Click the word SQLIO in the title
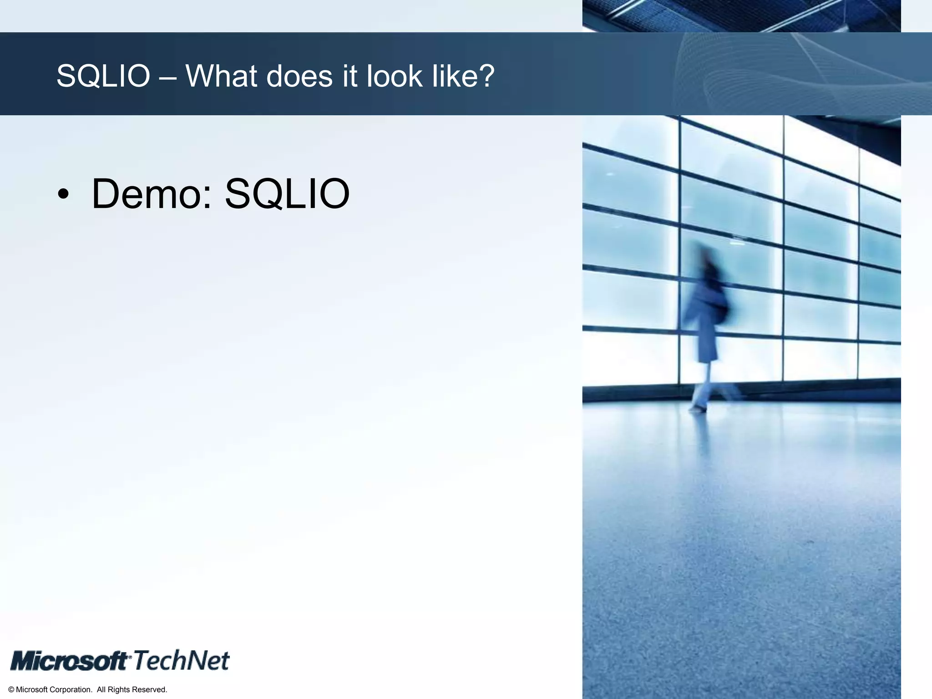103,76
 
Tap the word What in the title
221,76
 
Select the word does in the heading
299,76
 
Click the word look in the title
395,76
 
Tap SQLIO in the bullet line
287,195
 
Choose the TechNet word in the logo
181,661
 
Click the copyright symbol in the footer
11,690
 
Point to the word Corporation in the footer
70,690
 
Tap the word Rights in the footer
119,690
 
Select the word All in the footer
101,690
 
